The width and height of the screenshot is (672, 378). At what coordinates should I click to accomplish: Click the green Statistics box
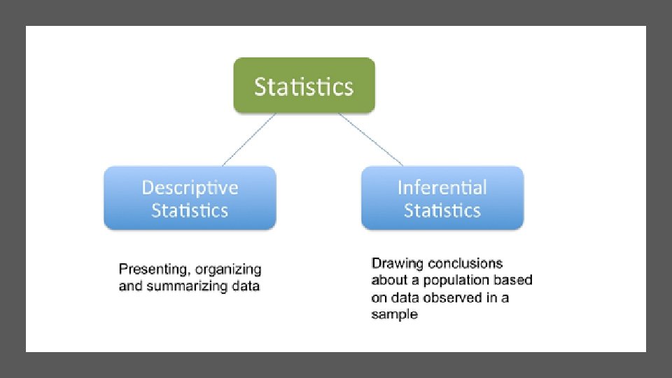[304, 85]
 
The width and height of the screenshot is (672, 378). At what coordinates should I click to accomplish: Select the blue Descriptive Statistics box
[190, 198]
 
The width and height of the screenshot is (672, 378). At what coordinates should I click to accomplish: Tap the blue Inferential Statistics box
[442, 198]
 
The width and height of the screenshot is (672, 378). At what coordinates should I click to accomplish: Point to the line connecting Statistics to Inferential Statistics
[370, 139]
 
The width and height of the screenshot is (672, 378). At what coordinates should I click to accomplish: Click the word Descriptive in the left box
[190, 188]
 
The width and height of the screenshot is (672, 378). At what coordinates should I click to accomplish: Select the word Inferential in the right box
[442, 188]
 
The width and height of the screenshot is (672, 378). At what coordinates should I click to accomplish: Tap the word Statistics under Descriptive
[190, 211]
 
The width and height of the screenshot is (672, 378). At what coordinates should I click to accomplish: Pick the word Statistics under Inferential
[442, 211]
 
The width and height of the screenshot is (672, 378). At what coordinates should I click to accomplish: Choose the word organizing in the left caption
[228, 269]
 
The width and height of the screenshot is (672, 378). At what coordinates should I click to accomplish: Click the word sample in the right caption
[394, 314]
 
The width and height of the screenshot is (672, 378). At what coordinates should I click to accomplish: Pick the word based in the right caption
[514, 281]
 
